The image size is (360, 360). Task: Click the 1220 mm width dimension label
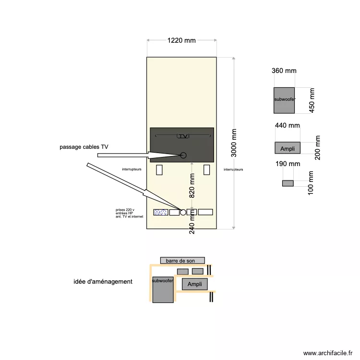click(181, 41)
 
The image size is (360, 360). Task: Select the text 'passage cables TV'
click(84, 146)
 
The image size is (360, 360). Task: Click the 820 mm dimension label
click(192, 186)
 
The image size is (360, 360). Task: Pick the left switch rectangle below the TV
click(159, 169)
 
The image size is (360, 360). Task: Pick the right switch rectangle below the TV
click(207, 169)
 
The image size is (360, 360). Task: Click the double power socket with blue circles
click(160, 212)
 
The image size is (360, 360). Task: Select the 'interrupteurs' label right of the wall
click(233, 169)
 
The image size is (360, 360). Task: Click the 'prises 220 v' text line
click(125, 210)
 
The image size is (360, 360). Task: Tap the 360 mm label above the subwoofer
click(284, 71)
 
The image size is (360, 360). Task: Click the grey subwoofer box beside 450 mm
click(284, 100)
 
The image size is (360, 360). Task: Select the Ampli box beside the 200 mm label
click(288, 148)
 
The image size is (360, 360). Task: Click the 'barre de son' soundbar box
click(182, 261)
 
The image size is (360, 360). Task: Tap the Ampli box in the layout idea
click(194, 284)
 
